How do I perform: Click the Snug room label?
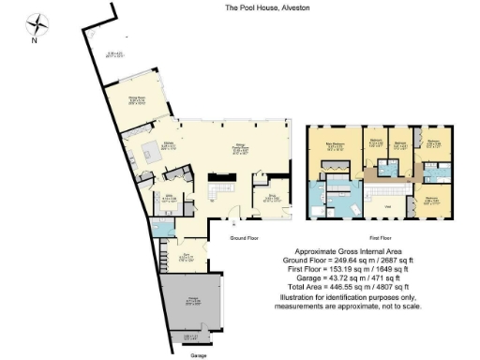pyautogui.click(x=274, y=198)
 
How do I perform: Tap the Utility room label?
pyautogui.click(x=171, y=198)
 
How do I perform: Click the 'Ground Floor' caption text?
pyautogui.click(x=249, y=238)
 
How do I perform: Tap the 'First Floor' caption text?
pyautogui.click(x=381, y=238)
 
